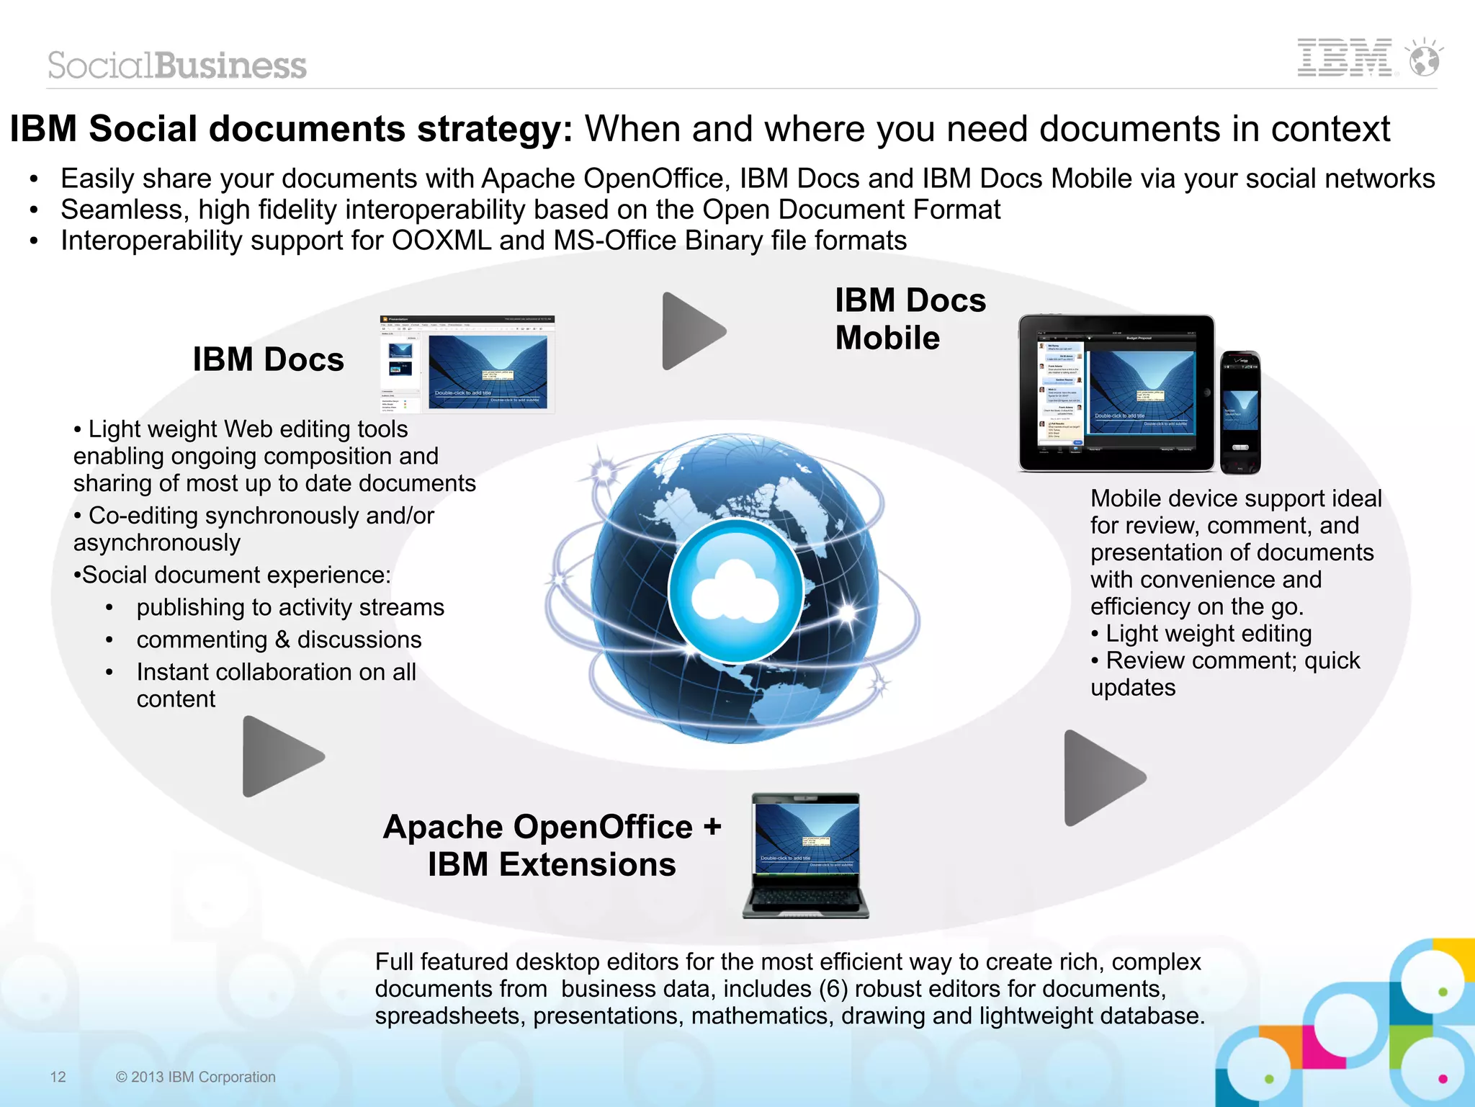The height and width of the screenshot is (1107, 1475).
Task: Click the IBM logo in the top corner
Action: click(1344, 58)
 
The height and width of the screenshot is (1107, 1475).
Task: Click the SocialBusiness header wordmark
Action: click(177, 66)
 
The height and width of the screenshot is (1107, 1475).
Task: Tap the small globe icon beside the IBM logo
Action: click(1425, 59)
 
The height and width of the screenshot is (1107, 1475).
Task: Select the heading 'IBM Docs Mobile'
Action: click(910, 319)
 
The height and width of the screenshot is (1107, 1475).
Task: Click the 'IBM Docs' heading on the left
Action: click(268, 359)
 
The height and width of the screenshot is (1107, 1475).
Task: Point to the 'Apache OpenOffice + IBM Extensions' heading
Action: click(552, 846)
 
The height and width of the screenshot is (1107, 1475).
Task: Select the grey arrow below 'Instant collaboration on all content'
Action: click(280, 756)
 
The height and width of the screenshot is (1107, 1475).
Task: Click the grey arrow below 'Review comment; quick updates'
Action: click(1101, 778)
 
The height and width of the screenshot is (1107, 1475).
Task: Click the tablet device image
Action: click(1116, 393)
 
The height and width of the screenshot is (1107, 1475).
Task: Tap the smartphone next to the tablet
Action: click(1240, 412)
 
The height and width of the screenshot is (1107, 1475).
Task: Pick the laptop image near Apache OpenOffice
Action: click(806, 856)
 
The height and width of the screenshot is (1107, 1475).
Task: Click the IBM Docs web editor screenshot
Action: click(467, 364)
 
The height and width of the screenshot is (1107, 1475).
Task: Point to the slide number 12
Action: click(58, 1077)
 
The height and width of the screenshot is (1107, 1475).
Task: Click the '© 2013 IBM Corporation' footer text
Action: click(196, 1077)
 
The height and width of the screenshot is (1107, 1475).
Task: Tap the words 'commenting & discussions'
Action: click(279, 640)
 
